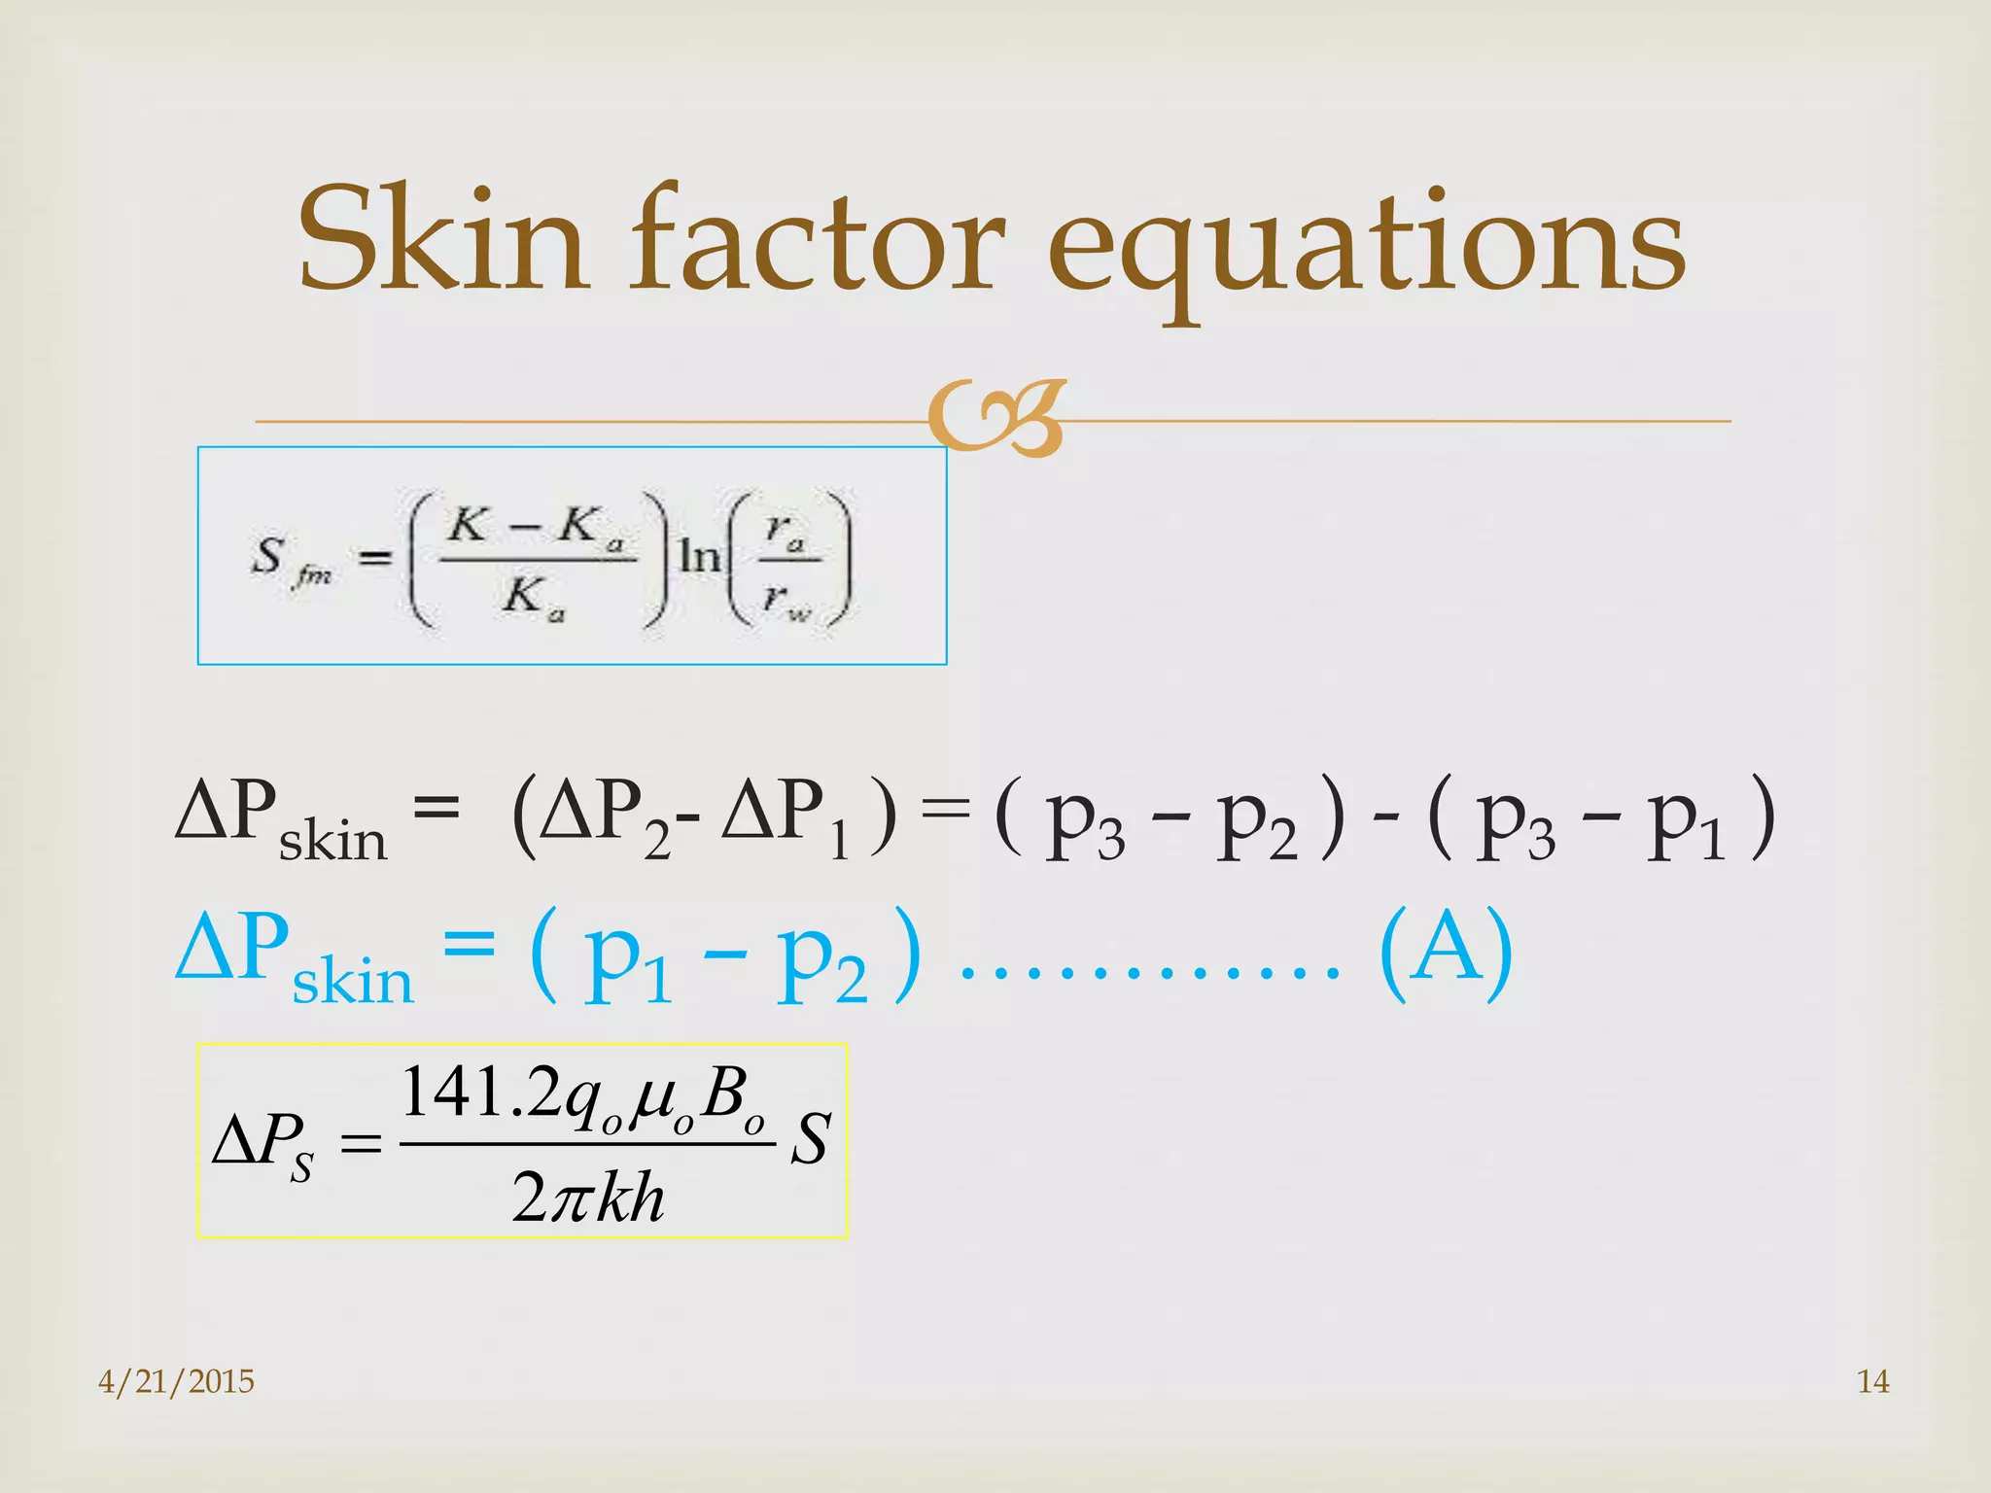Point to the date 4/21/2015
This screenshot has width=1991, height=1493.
(176, 1381)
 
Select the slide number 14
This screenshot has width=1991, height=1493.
(1872, 1381)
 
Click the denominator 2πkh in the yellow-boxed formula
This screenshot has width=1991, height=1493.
(588, 1198)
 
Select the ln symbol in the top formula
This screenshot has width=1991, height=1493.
(699, 557)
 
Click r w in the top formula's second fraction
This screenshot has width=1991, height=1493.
(786, 599)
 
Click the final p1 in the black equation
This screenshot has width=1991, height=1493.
(1687, 821)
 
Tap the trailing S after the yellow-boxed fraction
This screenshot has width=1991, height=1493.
(810, 1139)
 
